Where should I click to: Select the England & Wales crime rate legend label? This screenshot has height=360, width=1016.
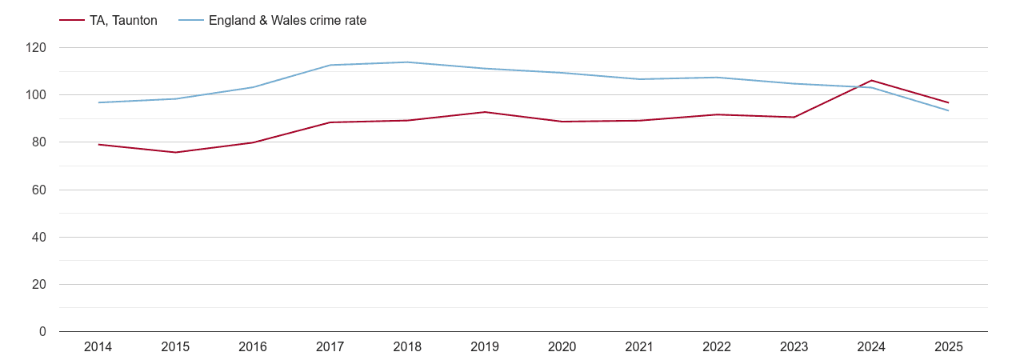point(287,21)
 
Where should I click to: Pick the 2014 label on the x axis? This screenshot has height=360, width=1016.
point(98,347)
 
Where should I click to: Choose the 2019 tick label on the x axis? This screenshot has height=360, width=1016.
point(485,347)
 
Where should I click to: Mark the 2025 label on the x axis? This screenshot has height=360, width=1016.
point(949,347)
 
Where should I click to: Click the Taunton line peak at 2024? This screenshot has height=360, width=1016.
point(871,81)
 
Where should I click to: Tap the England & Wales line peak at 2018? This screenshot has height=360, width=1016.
point(407,62)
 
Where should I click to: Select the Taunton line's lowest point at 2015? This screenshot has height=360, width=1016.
point(175,152)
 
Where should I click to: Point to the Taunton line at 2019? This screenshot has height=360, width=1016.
point(485,112)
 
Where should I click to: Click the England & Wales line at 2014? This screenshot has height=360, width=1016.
point(98,102)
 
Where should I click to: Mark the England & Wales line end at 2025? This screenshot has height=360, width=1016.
point(949,110)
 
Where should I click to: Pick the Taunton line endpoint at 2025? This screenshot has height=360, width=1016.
point(949,102)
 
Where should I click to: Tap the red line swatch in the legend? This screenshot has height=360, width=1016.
point(72,21)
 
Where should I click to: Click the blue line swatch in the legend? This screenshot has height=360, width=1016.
point(190,21)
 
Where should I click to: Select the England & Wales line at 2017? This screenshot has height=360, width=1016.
point(330,65)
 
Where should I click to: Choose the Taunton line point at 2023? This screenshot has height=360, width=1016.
point(794,118)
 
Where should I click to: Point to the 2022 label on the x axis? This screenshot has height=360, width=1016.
point(717,347)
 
